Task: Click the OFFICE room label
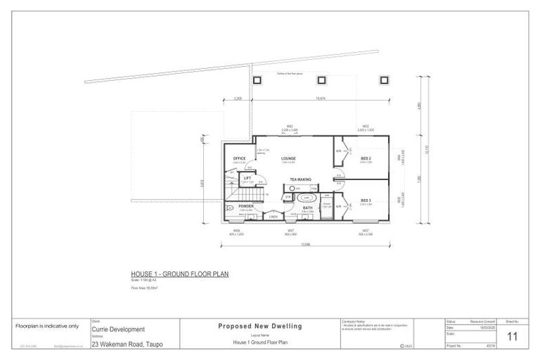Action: (x=239, y=159)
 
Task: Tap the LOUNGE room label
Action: (x=288, y=159)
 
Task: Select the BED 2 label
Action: (x=366, y=159)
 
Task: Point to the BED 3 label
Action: (x=366, y=200)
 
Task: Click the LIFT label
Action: (x=247, y=178)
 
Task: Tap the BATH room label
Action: (x=308, y=207)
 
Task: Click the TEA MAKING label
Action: (x=300, y=179)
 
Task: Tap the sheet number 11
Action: (x=513, y=337)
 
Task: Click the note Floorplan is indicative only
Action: (x=46, y=327)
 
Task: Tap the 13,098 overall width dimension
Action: (x=305, y=244)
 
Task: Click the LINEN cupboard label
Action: (x=274, y=217)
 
